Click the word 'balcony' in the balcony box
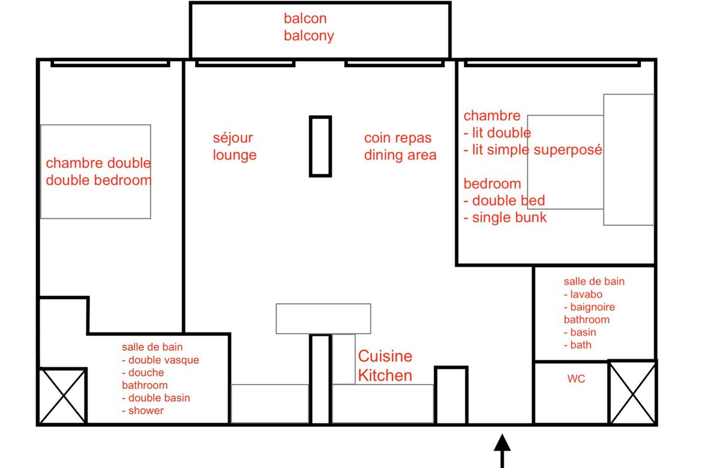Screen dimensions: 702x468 point(309,36)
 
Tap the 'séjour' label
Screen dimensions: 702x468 point(233,137)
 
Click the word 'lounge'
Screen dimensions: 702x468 point(235,155)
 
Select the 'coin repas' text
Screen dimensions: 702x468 point(398,138)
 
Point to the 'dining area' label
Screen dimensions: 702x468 point(400,155)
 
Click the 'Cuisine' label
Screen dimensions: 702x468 point(385,356)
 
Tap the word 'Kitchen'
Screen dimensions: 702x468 point(385,375)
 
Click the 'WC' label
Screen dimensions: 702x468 point(576,379)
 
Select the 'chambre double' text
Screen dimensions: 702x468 point(98,163)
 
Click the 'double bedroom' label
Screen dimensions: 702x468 point(99,180)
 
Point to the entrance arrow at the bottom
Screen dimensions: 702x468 point(502,451)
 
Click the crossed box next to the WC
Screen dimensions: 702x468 point(632,392)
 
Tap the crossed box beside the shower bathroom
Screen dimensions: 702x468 point(62,396)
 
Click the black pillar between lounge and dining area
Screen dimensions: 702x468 point(320,146)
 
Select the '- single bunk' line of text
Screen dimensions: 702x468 point(505,218)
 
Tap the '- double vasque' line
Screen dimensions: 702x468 point(160,360)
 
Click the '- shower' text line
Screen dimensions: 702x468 point(143,410)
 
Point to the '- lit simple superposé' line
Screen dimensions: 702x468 point(533,149)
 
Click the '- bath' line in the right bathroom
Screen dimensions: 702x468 point(578,345)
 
